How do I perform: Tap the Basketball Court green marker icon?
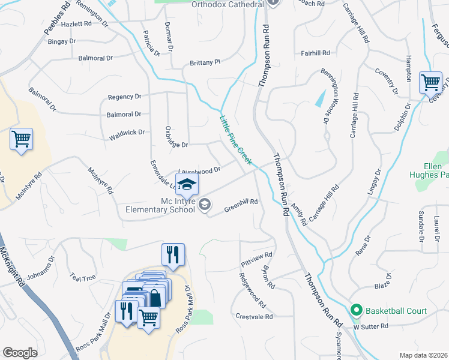coord(356,311)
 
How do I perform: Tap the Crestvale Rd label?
coord(255,316)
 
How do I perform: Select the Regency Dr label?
coord(124,97)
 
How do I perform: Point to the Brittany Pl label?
coord(205,62)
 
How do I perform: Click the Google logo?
coord(20,353)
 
